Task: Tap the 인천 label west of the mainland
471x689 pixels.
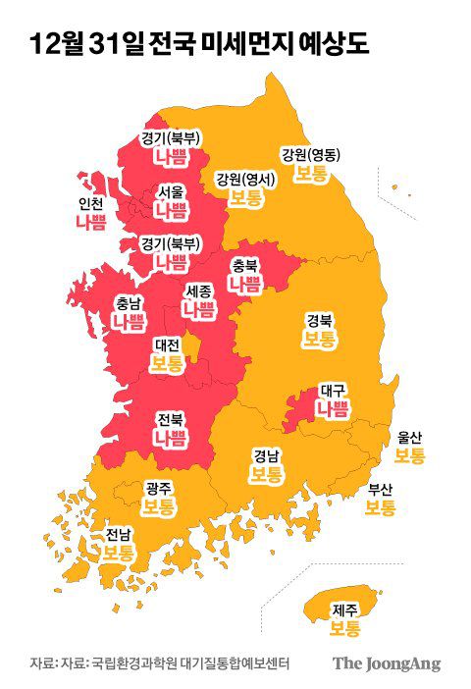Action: (90, 205)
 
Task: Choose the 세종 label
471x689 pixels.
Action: (198, 291)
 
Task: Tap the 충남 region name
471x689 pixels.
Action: (128, 302)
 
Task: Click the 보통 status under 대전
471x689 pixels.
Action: (167, 364)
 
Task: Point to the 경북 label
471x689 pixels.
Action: (319, 320)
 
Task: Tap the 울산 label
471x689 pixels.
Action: (409, 438)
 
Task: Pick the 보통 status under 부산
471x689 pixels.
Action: (381, 507)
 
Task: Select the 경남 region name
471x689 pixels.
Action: (266, 455)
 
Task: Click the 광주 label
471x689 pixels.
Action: (158, 488)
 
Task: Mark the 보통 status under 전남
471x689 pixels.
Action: (119, 553)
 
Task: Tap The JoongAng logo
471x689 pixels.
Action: (386, 662)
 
